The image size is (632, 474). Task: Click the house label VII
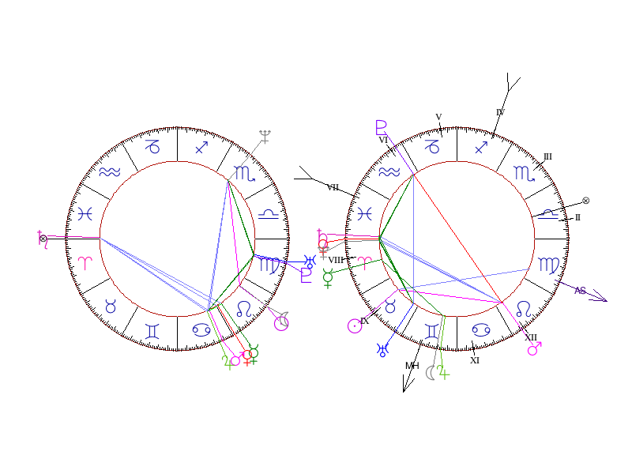pyautogui.click(x=333, y=187)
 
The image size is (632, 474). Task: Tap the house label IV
pyautogui.click(x=499, y=112)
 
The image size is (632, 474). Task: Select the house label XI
pyautogui.click(x=475, y=360)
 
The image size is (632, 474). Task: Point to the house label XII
pyautogui.click(x=531, y=337)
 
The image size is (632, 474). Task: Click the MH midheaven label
pyautogui.click(x=412, y=366)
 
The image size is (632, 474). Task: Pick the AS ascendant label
pyautogui.click(x=580, y=291)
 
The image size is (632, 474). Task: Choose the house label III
pyautogui.click(x=547, y=156)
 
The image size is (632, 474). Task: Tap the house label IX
pyautogui.click(x=364, y=322)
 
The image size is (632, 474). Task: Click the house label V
pyautogui.click(x=438, y=117)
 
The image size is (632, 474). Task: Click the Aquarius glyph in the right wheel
pyautogui.click(x=389, y=173)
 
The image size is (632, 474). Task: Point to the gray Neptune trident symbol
pyautogui.click(x=265, y=136)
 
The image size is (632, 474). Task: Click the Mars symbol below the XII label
pyautogui.click(x=534, y=348)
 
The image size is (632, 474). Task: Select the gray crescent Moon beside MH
pyautogui.click(x=431, y=372)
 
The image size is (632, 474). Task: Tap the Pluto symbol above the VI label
pyautogui.click(x=382, y=126)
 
